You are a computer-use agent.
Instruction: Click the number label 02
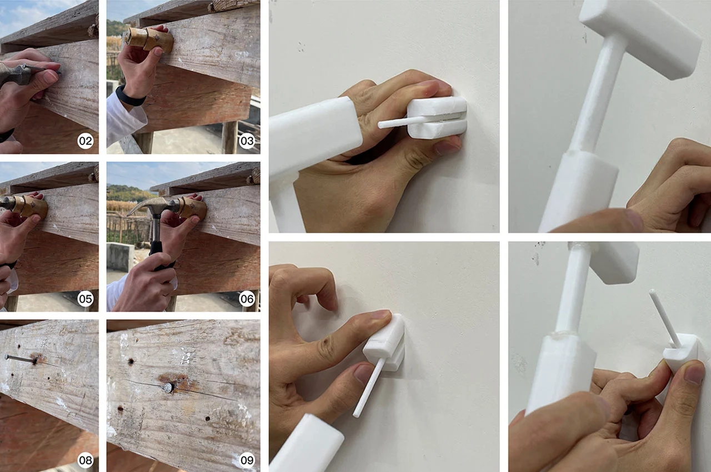(x=85, y=141)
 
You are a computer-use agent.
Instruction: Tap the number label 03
(x=247, y=141)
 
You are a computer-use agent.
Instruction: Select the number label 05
(x=85, y=299)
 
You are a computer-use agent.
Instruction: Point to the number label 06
(x=247, y=299)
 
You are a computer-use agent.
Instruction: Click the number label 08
(x=85, y=460)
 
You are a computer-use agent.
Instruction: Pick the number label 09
(x=247, y=460)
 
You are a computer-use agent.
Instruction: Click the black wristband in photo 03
(x=129, y=96)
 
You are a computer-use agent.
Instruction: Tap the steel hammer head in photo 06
(x=149, y=207)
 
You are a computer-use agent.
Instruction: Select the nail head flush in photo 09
(x=168, y=387)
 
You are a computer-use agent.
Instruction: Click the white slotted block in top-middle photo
(x=437, y=117)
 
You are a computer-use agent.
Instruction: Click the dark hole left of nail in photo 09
(x=131, y=361)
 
